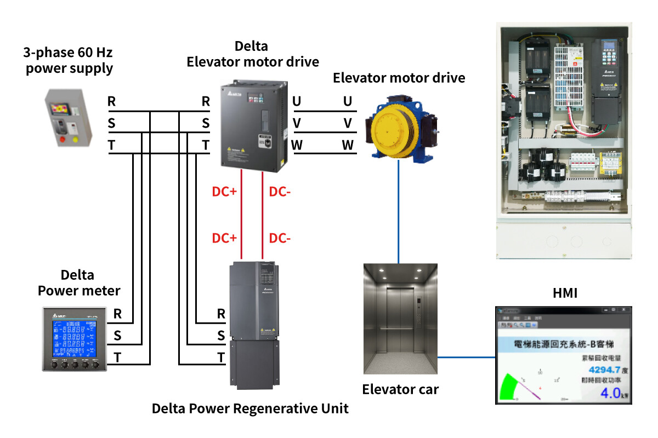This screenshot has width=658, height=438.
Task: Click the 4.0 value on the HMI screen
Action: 609,393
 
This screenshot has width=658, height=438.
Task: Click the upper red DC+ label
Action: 224,192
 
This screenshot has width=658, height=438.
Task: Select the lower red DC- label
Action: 279,239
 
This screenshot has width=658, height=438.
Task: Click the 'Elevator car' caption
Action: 400,390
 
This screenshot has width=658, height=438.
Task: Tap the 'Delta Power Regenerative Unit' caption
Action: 250,408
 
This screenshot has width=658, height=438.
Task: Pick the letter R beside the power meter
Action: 117,314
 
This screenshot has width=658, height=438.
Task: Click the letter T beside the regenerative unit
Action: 221,358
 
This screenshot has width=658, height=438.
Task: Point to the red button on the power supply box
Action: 61,139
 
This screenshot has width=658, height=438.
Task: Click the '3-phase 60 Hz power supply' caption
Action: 69,61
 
